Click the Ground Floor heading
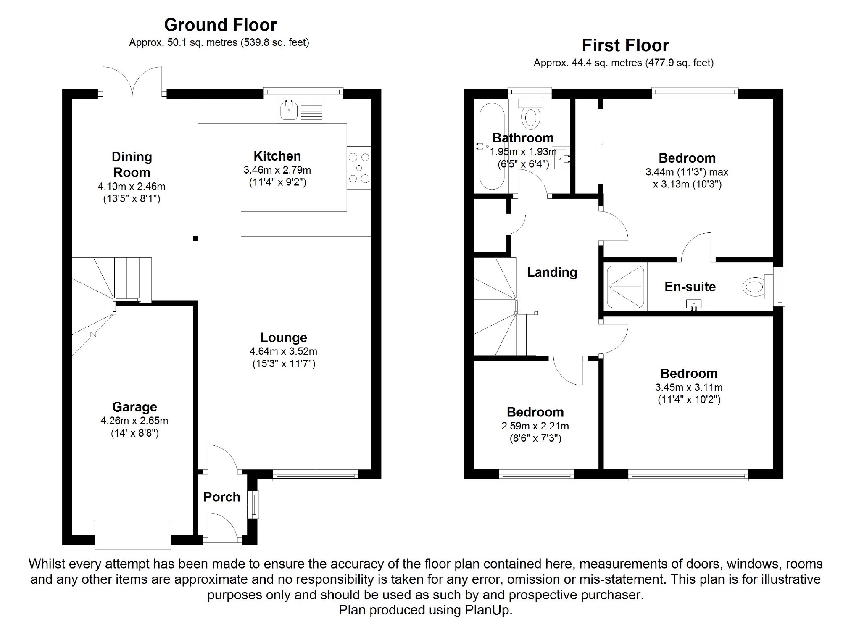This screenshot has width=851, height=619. [220, 25]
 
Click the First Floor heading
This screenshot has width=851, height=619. [625, 45]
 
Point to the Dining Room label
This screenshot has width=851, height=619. [132, 164]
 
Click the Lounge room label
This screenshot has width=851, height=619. [284, 337]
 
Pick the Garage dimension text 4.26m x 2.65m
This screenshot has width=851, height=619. [134, 421]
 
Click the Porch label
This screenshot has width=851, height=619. [221, 497]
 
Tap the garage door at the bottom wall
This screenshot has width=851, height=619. [133, 535]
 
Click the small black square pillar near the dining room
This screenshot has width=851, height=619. [195, 239]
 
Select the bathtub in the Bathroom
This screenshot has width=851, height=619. [491, 146]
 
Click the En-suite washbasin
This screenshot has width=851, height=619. [694, 304]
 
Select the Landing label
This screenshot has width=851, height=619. [552, 272]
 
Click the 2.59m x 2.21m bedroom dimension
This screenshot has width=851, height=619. [535, 426]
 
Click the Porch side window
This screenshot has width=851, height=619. [255, 505]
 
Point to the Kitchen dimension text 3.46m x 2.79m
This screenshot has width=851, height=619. [277, 170]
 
